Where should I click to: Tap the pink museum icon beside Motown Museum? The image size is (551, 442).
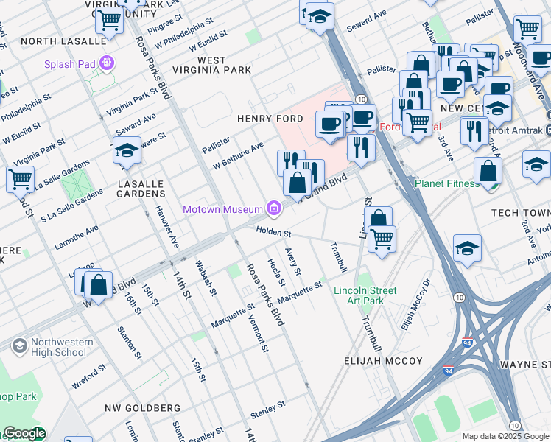274,210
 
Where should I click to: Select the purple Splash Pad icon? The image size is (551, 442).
108,63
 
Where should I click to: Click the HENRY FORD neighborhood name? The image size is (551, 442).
270,119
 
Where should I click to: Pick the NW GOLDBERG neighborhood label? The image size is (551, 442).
142,407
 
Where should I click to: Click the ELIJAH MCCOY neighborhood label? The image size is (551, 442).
383,361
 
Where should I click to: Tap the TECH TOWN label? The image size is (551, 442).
521,212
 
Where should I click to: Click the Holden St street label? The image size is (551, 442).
274,232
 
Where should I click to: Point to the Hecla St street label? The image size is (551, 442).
276,273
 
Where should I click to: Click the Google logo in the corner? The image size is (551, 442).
24,433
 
